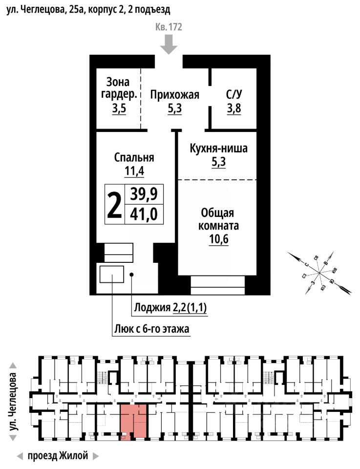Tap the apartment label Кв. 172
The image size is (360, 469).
tap(169, 27)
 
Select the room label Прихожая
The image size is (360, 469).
tap(174, 95)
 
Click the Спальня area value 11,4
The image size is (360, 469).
tap(134, 171)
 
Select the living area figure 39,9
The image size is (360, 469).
tap(144, 194)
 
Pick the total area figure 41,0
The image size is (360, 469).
tap(144, 214)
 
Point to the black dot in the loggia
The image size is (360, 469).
tap(132, 275)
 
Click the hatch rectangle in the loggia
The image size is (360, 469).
tap(111, 275)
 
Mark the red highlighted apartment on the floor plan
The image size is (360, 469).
tap(133, 420)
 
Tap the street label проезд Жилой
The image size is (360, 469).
tap(58, 456)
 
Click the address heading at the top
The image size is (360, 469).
tap(88, 9)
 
